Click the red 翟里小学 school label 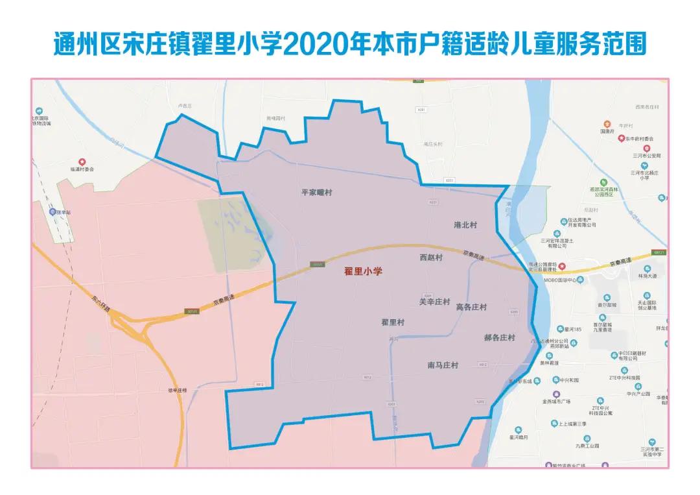tap(363, 272)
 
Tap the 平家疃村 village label tap(321, 193)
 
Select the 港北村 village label tap(465, 225)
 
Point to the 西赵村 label tap(431, 258)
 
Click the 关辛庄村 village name tap(434, 302)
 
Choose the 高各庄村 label tap(471, 307)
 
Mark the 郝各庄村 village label tap(499, 338)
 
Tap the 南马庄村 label tap(443, 365)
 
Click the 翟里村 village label tap(393, 322)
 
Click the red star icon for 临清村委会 tap(82, 162)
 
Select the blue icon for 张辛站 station tap(53, 211)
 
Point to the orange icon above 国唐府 tap(607, 123)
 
